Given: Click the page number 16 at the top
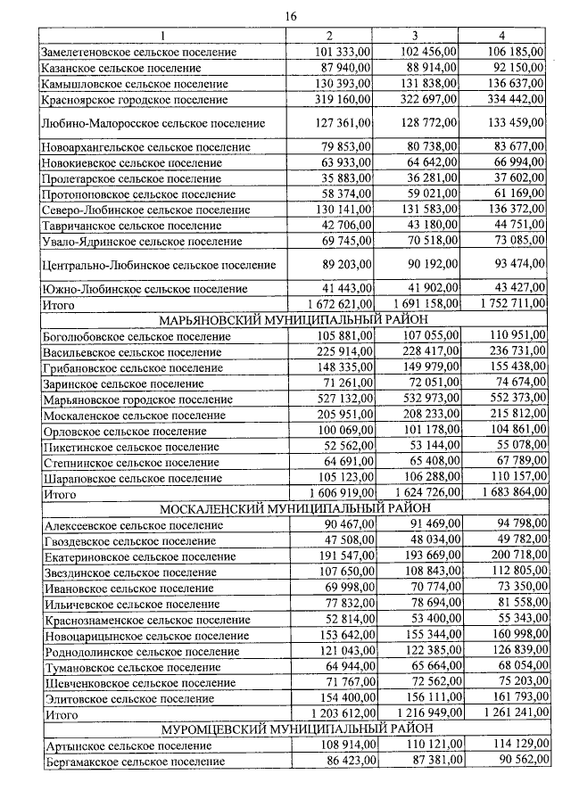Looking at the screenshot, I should click(290, 16).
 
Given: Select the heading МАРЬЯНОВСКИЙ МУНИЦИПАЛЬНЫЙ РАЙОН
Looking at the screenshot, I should click(291, 321).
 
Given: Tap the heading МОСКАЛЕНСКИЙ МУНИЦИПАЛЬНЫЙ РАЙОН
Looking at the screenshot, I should click(291, 508).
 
